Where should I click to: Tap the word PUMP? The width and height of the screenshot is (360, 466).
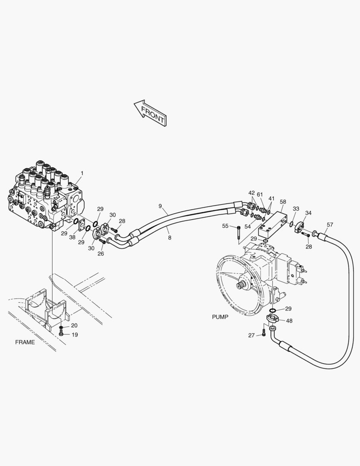(x=220, y=317)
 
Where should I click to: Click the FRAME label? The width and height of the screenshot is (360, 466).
(x=25, y=342)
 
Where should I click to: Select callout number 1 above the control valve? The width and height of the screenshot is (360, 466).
(x=82, y=173)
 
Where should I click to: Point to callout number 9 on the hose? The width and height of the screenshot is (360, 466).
(x=160, y=206)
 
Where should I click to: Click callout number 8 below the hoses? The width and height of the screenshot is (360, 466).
(x=169, y=237)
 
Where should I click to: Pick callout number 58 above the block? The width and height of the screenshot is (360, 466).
(x=283, y=202)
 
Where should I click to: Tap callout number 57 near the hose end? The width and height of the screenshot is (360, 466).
(x=330, y=224)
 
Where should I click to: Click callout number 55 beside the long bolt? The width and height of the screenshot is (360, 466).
(x=225, y=226)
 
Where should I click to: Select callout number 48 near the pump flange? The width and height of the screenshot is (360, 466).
(x=289, y=321)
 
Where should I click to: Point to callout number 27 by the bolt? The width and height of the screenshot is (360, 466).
(x=251, y=335)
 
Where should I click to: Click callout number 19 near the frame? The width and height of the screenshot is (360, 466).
(x=75, y=334)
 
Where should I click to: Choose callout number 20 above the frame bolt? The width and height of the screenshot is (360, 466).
(x=74, y=325)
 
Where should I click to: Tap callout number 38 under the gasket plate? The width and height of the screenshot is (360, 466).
(x=72, y=237)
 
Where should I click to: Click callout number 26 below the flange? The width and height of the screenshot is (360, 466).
(x=100, y=254)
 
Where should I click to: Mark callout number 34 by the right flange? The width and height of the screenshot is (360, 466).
(x=308, y=213)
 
